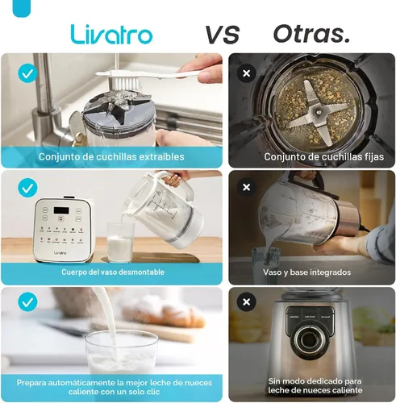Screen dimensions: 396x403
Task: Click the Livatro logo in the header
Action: click(x=111, y=34)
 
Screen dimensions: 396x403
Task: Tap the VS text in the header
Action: click(x=222, y=35)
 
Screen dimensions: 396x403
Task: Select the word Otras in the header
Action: click(x=308, y=34)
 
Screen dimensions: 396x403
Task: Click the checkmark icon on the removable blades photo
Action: click(x=27, y=73)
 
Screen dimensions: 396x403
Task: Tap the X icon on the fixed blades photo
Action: click(x=246, y=73)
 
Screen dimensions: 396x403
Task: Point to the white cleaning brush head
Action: click(x=125, y=81)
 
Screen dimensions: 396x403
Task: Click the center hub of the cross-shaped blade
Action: click(x=318, y=110)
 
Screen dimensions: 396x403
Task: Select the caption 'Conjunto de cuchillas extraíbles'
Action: click(x=111, y=156)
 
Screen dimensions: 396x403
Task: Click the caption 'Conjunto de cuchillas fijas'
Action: click(x=324, y=157)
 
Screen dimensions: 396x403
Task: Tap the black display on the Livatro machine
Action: click(x=61, y=210)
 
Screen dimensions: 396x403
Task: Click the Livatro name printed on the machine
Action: click(x=60, y=253)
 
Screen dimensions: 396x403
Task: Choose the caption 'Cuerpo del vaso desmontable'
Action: click(x=113, y=272)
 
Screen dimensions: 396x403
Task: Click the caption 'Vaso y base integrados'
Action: click(x=307, y=272)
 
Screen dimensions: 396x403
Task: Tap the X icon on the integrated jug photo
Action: click(x=246, y=187)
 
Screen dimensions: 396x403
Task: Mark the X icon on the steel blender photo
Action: click(x=246, y=302)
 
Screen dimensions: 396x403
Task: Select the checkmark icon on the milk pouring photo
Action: click(x=27, y=302)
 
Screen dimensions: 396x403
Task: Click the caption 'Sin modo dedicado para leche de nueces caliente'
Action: click(x=315, y=385)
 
